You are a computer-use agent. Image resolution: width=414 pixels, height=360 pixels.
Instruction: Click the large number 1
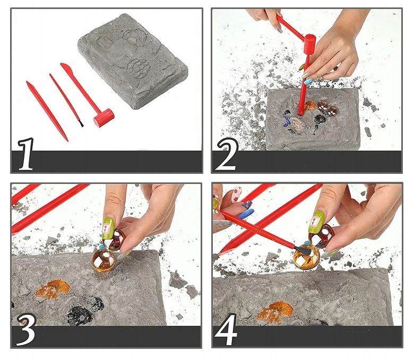(26, 154)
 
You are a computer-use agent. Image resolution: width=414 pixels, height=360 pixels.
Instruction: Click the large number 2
(227, 154)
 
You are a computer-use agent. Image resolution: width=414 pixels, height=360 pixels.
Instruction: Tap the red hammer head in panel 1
(103, 118)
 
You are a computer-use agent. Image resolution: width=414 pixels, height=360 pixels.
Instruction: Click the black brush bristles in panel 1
(81, 123)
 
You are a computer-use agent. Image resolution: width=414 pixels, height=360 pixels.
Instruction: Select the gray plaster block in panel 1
(133, 60)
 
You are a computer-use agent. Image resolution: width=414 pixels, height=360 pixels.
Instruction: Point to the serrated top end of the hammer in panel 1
(64, 66)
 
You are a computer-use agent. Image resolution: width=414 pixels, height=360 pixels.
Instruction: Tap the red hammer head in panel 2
(309, 43)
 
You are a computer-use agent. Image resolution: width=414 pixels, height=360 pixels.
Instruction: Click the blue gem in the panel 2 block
(286, 122)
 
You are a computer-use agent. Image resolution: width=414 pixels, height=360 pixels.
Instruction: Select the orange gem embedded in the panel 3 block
(52, 290)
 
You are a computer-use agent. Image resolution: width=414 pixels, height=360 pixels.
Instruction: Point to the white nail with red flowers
(237, 195)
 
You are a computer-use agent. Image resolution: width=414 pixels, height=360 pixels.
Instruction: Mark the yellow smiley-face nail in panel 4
(216, 204)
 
